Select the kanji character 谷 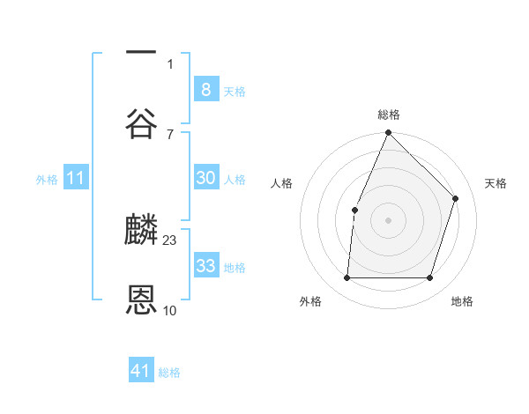pyautogui.click(x=142, y=123)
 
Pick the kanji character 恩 pyautogui.click(x=142, y=300)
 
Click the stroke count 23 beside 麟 pyautogui.click(x=170, y=240)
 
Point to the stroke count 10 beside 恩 pyautogui.click(x=170, y=310)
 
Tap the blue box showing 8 pyautogui.click(x=205, y=89)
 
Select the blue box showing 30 pyautogui.click(x=205, y=178)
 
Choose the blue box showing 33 pyautogui.click(x=205, y=266)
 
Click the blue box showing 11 pyautogui.click(x=76, y=179)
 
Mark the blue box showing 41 pyautogui.click(x=141, y=371)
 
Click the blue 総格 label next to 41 pyautogui.click(x=169, y=373)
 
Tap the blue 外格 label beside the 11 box pyautogui.click(x=47, y=180)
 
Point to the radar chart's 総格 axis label pyautogui.click(x=389, y=115)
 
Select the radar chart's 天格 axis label pyautogui.click(x=495, y=183)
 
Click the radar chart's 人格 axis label pyautogui.click(x=281, y=183)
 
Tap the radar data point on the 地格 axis pyautogui.click(x=429, y=278)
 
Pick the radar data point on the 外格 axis pyautogui.click(x=346, y=278)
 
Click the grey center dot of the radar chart pyautogui.click(x=388, y=220)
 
